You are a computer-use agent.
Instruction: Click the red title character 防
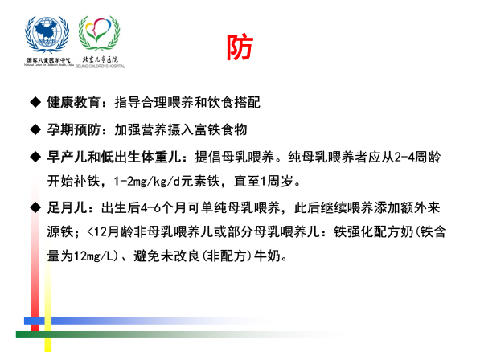[240, 47]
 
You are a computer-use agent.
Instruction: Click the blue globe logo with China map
[47, 35]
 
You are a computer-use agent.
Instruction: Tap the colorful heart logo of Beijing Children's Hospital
[99, 33]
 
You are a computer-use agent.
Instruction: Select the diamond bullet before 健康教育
[35, 102]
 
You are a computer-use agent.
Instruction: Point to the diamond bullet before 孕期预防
[35, 129]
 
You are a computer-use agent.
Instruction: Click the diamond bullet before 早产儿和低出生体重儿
[35, 157]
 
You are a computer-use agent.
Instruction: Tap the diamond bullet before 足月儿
[35, 207]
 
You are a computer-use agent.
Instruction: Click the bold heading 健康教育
[73, 102]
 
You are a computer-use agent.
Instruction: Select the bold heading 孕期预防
[73, 129]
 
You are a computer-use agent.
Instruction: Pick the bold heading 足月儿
[67, 207]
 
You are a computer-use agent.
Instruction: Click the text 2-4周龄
[417, 157]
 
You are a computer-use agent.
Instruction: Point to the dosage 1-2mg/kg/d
[147, 182]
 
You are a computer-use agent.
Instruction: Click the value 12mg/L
[93, 256]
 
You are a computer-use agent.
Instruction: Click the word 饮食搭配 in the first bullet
[234, 102]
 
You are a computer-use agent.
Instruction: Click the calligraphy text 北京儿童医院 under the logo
[101, 59]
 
